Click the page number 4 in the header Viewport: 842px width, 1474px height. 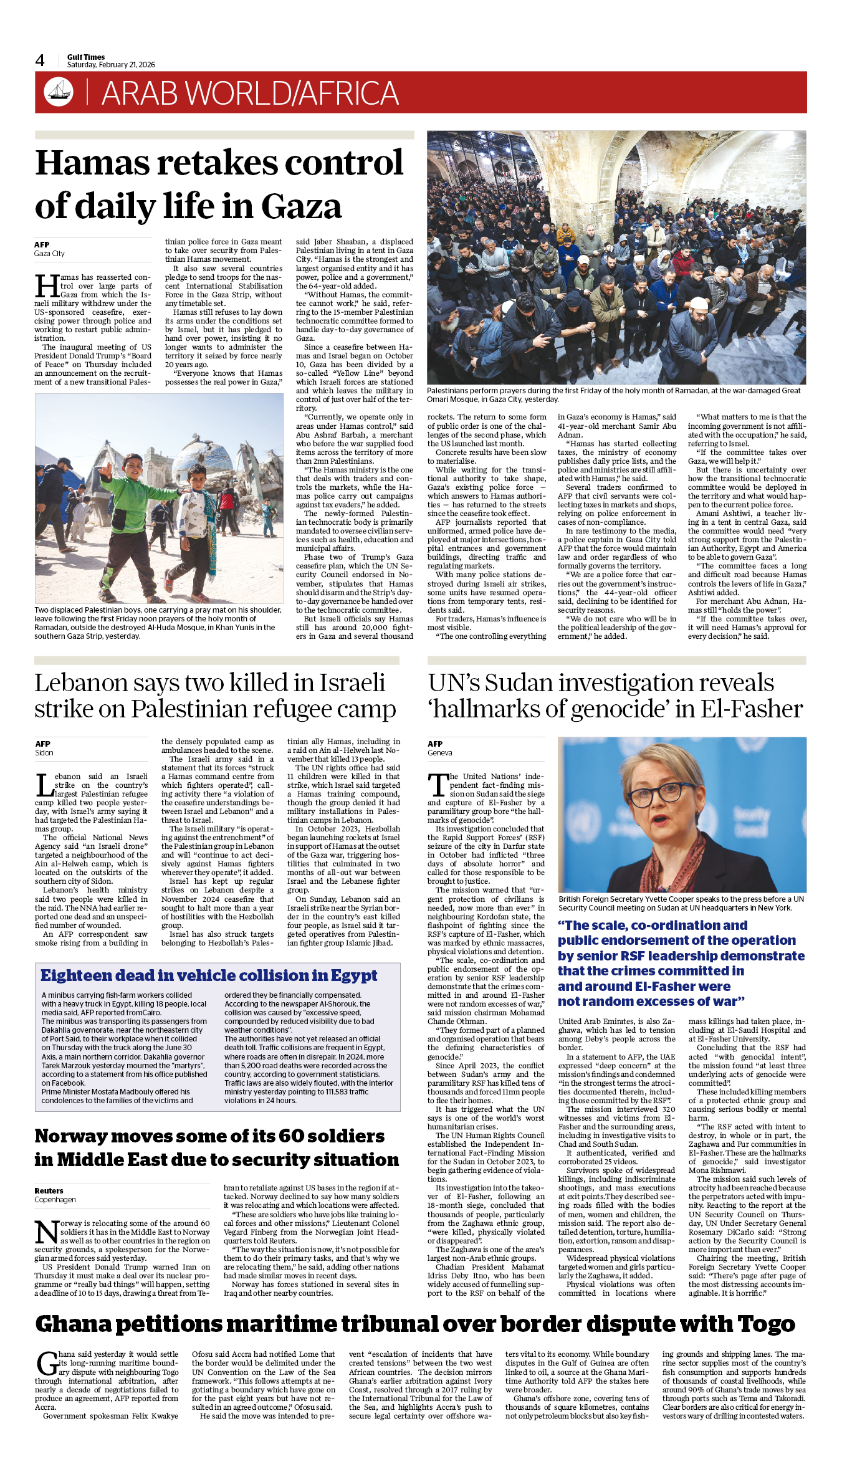coord(40,60)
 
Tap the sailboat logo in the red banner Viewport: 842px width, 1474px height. coord(59,92)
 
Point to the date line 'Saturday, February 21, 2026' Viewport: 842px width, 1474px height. coord(111,65)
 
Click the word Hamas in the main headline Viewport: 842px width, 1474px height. coord(93,163)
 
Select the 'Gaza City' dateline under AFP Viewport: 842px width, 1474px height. coord(49,254)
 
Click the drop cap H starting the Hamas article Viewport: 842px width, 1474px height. coord(47,286)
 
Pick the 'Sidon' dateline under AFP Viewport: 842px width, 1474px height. coord(44,753)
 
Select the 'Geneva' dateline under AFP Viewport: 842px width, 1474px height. coord(439,753)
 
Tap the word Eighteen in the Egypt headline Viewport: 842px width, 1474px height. coord(84,975)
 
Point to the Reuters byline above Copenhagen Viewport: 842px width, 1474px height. coord(49,1190)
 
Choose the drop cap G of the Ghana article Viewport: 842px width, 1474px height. coord(47,1363)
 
